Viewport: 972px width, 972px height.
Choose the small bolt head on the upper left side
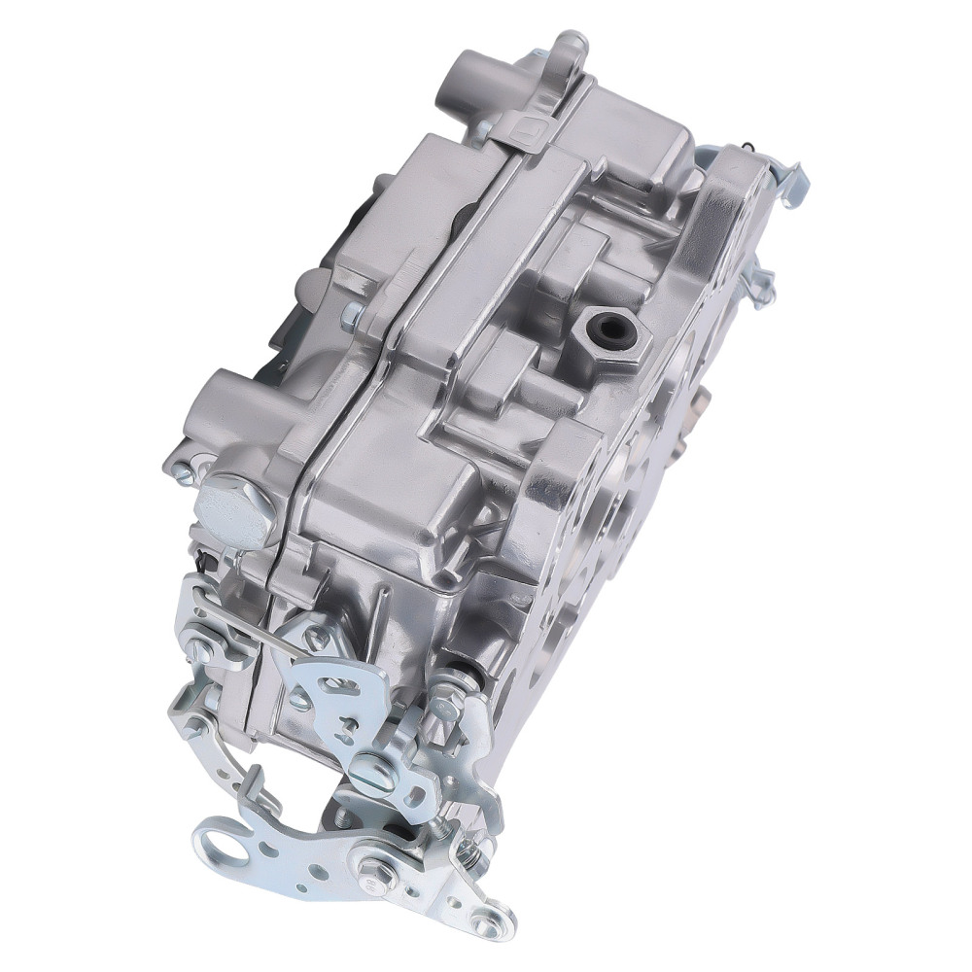pyautogui.click(x=352, y=313)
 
